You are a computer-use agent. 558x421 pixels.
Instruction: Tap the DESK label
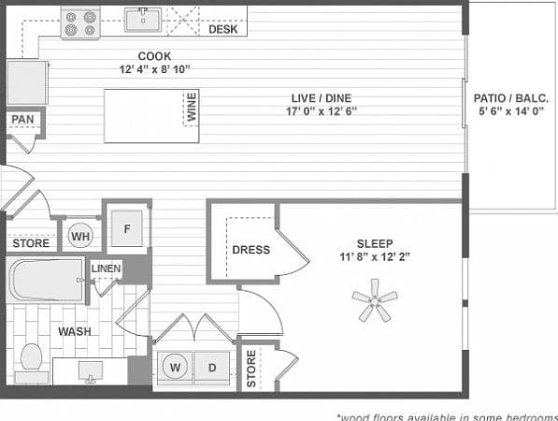coord(222,30)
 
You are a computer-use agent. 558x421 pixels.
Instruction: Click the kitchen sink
coord(143,18)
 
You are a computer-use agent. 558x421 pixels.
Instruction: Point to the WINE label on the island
coord(192,108)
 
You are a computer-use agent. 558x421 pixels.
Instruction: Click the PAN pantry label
coord(21,120)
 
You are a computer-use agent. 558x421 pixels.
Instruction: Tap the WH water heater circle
coord(79,237)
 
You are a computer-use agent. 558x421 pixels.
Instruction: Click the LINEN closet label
coord(105,269)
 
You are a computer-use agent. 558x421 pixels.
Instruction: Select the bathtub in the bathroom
coord(47,279)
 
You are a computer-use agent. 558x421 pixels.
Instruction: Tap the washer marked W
coord(175,368)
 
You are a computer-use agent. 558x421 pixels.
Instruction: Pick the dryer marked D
coord(212,368)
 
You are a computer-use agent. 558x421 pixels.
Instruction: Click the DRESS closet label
coord(250,250)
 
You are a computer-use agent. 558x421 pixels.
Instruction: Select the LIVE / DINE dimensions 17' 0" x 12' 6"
coord(322,110)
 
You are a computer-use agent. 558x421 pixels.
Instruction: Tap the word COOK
coord(154,56)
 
